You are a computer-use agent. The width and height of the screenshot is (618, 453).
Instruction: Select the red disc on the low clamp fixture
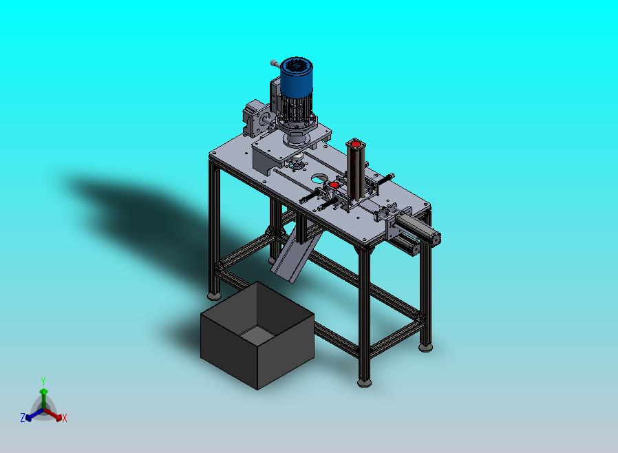pyautogui.click(x=334, y=185)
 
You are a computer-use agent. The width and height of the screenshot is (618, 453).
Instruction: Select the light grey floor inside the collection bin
pyautogui.click(x=257, y=335)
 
